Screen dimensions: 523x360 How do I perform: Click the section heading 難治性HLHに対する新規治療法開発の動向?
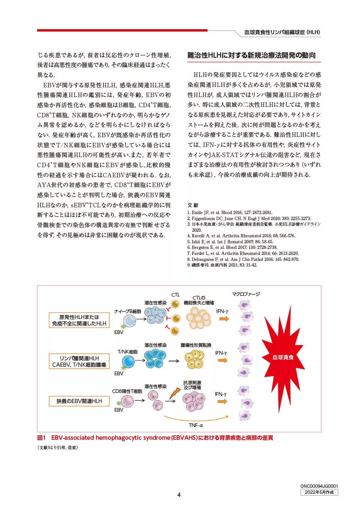coord(251,55)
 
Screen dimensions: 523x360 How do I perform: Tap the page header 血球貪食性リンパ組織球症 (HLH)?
coord(282,32)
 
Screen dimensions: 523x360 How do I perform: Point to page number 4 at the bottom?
coord(179,495)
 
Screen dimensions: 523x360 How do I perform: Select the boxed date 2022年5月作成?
coord(319,492)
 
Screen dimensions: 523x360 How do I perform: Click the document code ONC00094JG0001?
coord(319,486)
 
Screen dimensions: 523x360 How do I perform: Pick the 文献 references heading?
coord(193,205)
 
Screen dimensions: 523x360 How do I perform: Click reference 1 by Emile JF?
coord(230,212)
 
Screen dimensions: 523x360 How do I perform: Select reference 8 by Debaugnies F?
coord(243,259)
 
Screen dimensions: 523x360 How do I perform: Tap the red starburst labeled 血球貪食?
coord(283,357)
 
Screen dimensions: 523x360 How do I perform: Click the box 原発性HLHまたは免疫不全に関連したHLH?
coord(79,320)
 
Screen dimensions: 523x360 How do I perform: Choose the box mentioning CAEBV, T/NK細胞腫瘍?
coord(79,361)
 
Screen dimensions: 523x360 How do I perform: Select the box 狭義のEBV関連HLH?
coord(79,401)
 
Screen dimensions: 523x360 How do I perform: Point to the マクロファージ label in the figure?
coord(246,294)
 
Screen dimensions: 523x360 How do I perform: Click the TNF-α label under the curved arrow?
coord(196,425)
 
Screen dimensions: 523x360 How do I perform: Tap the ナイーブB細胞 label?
coord(127,311)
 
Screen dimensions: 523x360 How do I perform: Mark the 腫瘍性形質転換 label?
coord(196,345)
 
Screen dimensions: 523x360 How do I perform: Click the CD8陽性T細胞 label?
coord(127,391)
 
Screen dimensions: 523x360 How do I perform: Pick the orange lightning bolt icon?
coord(175,393)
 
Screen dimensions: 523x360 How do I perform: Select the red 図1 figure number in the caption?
coord(41,438)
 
